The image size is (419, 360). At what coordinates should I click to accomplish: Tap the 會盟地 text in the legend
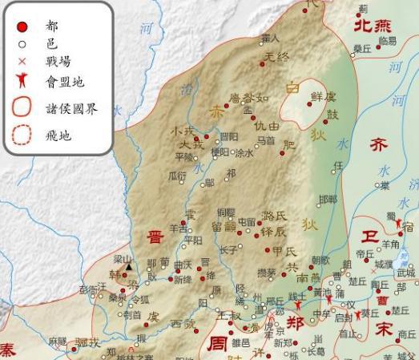(x=67, y=81)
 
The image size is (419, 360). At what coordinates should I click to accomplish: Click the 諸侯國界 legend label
(x=74, y=108)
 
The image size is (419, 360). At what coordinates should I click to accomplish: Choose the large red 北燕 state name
(x=373, y=26)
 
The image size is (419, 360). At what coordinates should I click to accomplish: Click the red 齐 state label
(x=377, y=145)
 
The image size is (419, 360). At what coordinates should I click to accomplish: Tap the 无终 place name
(x=276, y=56)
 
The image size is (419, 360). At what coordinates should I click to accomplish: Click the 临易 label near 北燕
(x=387, y=40)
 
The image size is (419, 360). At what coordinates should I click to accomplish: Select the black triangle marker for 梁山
(x=128, y=267)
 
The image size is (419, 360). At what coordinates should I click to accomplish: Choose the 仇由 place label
(x=267, y=126)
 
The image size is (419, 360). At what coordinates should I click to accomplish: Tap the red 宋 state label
(x=385, y=329)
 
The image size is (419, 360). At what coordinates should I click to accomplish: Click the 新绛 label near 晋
(x=183, y=280)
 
